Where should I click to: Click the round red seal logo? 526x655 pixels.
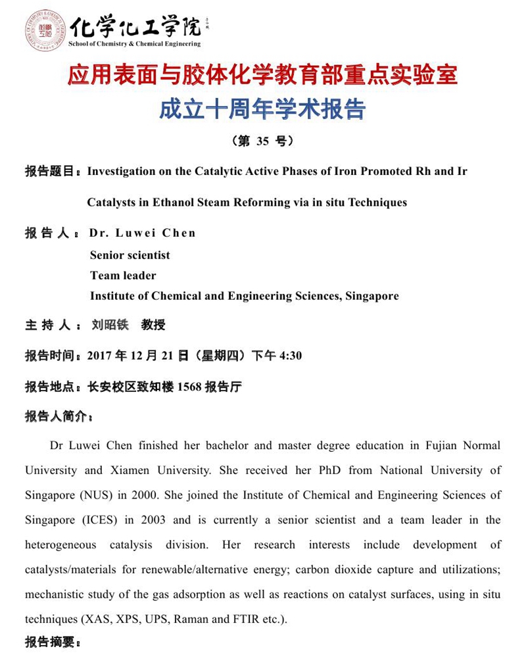pyautogui.click(x=44, y=30)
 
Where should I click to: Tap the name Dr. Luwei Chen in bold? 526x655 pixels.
pyautogui.click(x=142, y=233)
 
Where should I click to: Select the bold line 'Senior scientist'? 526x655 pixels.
pyautogui.click(x=130, y=255)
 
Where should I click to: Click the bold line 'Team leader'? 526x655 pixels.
pyautogui.click(x=123, y=275)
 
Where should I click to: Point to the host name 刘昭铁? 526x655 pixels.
pyautogui.click(x=110, y=325)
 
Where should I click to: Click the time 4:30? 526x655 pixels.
pyautogui.click(x=291, y=356)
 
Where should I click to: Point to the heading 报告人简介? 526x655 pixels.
pyautogui.click(x=57, y=416)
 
